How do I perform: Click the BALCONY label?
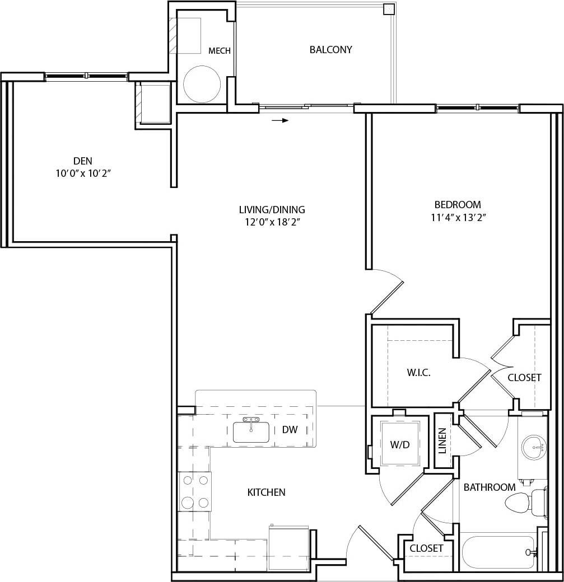pos(330,50)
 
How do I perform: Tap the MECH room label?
pos(220,51)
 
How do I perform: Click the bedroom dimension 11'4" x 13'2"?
pos(458,218)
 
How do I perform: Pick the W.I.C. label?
pos(418,373)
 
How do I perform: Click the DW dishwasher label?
pos(290,430)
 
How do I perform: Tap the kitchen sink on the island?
pos(251,431)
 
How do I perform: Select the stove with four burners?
pos(195,491)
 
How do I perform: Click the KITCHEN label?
pos(266,492)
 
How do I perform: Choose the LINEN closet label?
pos(442,440)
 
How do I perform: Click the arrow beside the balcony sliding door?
pos(281,120)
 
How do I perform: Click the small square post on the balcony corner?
pos(388,9)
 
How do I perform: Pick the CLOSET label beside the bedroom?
pos(524,378)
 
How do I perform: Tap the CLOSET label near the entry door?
pos(426,548)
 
